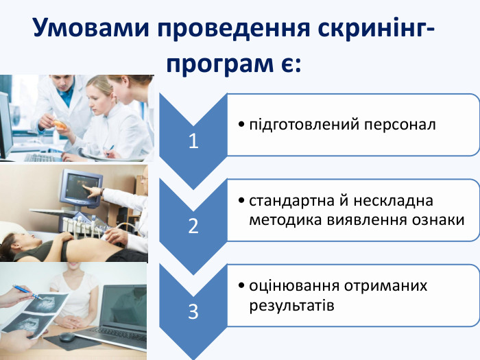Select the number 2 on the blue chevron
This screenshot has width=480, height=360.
193,226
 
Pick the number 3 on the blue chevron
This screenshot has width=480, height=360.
193,312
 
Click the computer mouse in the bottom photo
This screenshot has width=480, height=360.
67,337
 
